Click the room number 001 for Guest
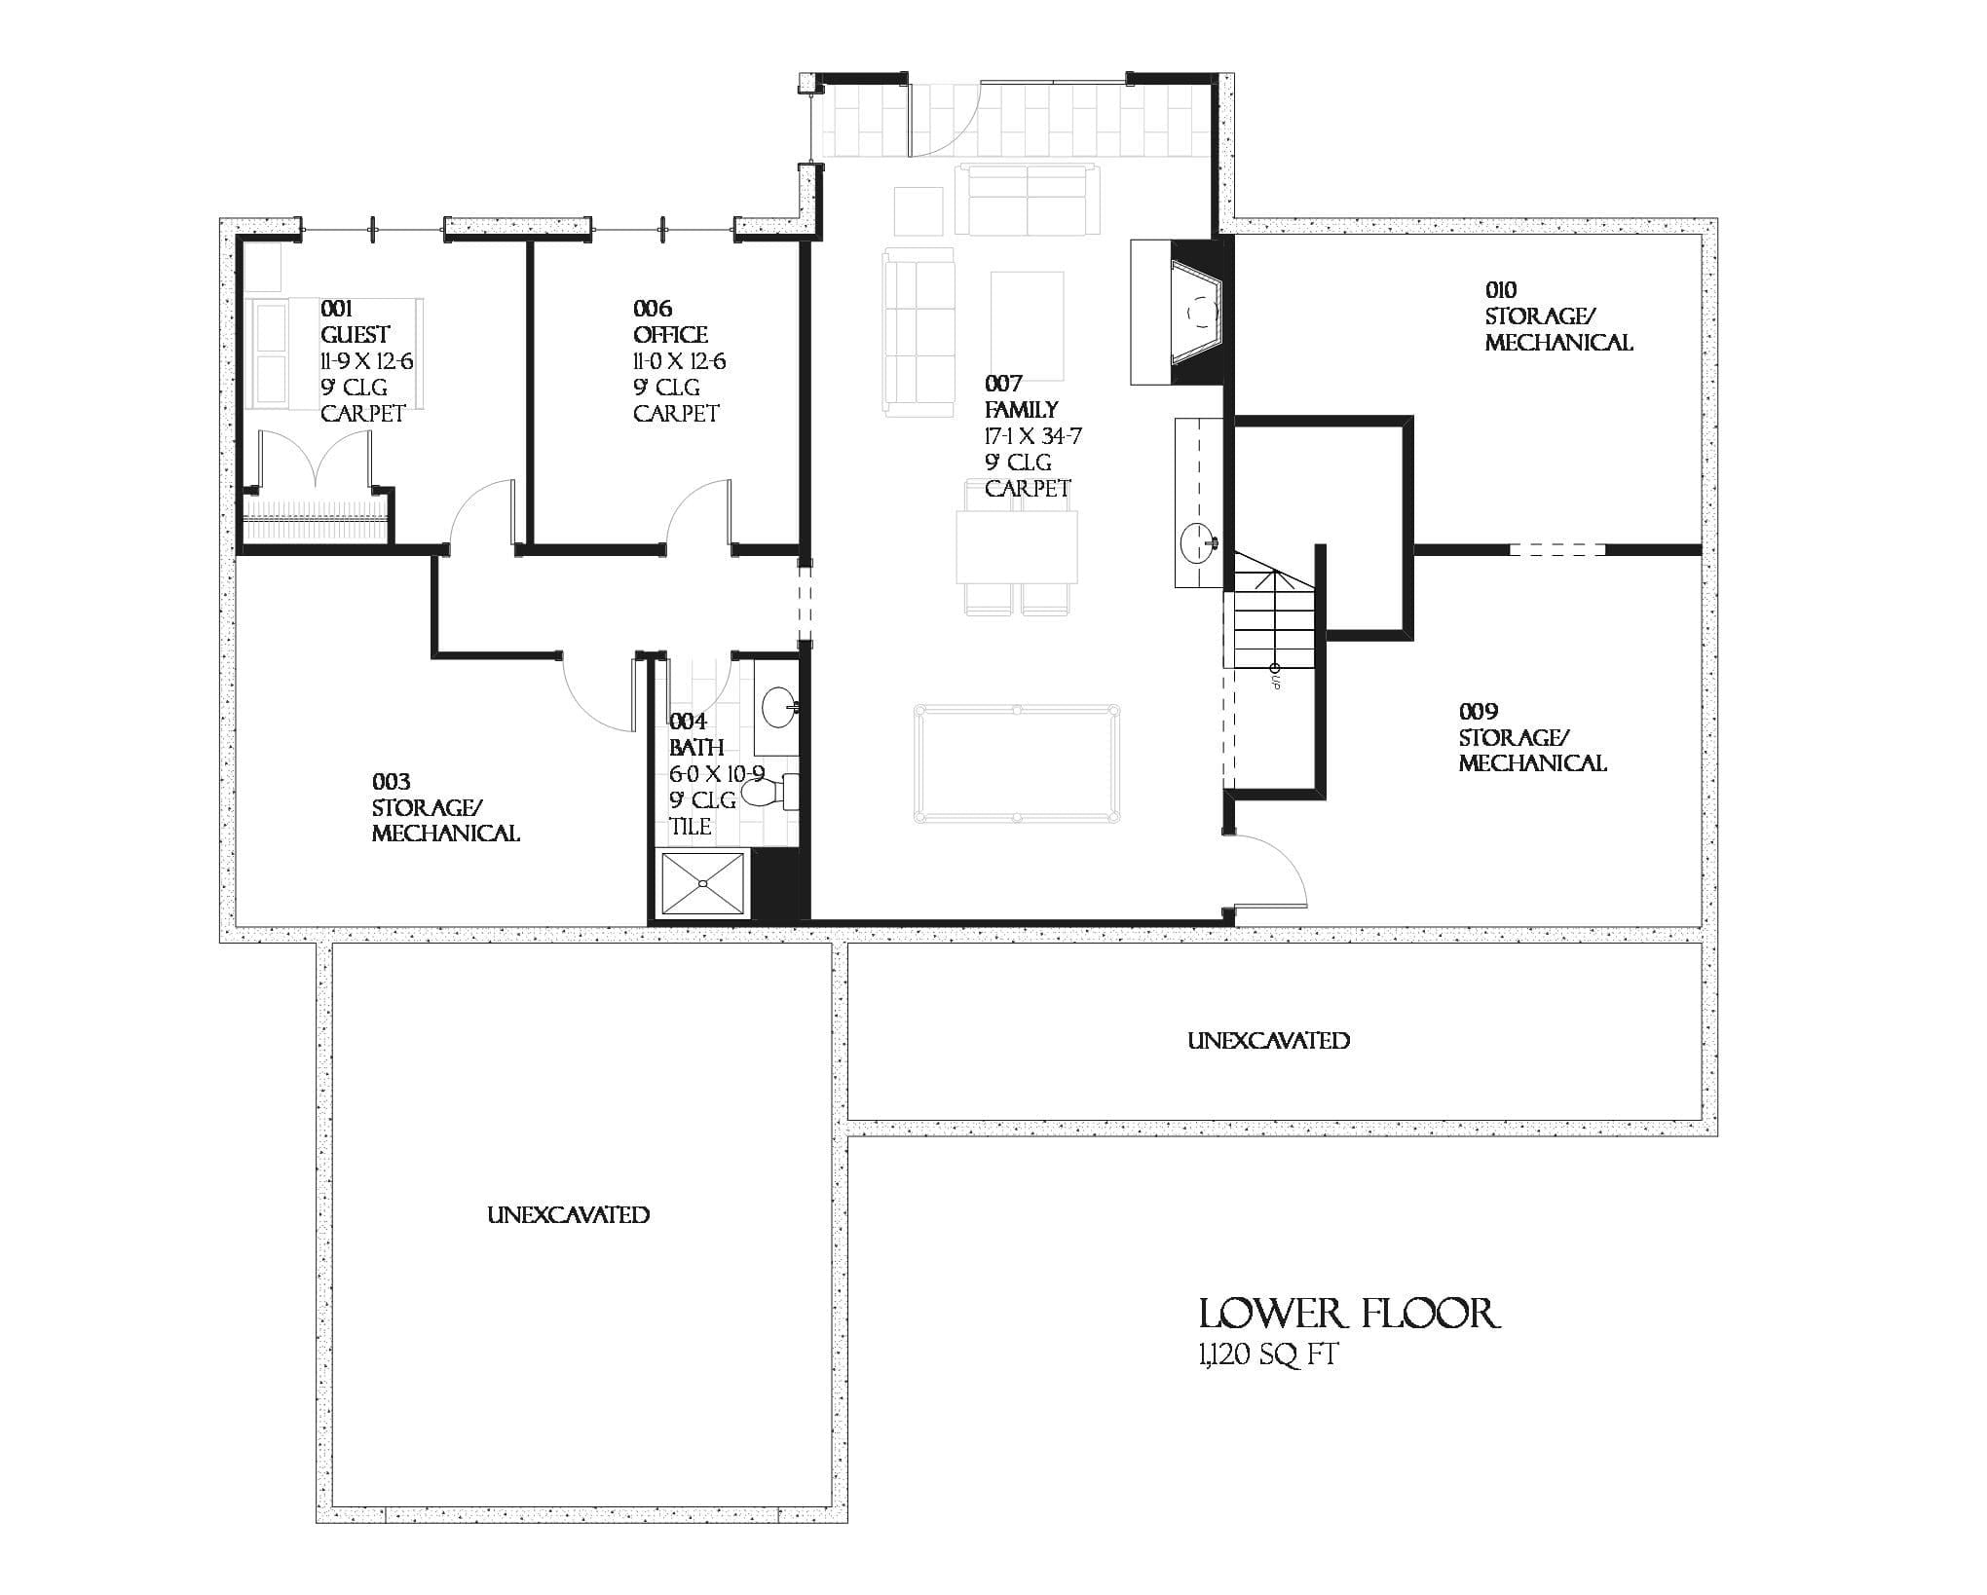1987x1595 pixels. pos(336,309)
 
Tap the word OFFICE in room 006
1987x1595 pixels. pos(670,335)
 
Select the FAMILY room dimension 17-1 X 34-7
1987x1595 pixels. pos(1032,435)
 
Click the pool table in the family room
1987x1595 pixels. pos(1016,764)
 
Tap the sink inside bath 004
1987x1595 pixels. pos(778,708)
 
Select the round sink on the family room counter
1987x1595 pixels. pos(1198,540)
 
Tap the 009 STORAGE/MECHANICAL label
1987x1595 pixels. pos(1531,737)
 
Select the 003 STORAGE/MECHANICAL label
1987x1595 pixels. pos(444,807)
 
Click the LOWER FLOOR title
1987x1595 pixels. pos(1348,1314)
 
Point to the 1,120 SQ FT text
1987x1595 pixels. pos(1267,1354)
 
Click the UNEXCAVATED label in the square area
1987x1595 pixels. pos(568,1214)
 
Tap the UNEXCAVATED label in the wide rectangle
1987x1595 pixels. pos(1268,1040)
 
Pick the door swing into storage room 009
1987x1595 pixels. pos(1271,872)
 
